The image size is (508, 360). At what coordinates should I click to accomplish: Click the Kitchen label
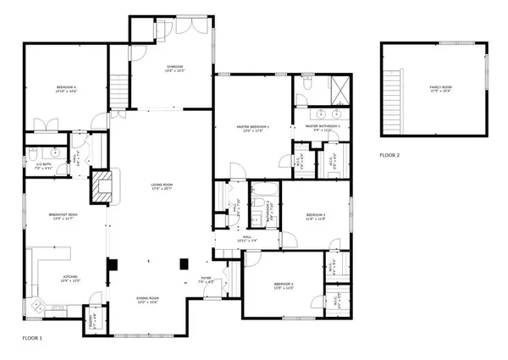tap(70, 279)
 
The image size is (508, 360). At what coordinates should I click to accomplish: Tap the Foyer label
tap(205, 279)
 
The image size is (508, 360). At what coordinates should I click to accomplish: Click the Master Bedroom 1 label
tap(251, 129)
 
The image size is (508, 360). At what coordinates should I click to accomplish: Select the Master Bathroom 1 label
tap(317, 127)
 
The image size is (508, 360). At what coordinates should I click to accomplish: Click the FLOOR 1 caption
tap(31, 338)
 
